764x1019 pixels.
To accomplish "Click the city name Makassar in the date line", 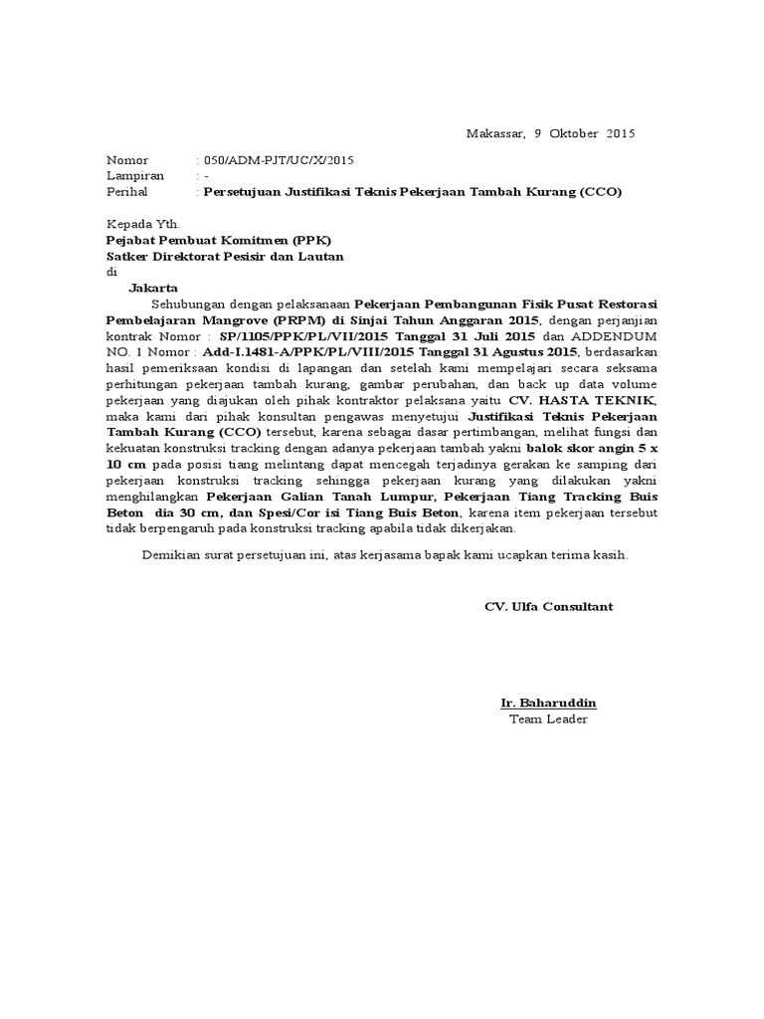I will pos(494,133).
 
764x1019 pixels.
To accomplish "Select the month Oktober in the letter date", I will pos(574,133).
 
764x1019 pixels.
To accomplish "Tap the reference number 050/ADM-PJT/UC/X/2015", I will pos(278,160).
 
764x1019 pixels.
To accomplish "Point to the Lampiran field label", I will pos(135,176).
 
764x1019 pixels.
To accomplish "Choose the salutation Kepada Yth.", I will pos(143,225).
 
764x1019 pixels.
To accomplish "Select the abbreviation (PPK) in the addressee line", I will pos(310,241).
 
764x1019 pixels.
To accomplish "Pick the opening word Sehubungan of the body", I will pos(188,304).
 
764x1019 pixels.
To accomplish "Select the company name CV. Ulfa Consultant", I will pos(548,606).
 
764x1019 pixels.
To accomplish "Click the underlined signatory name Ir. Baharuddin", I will pos(548,704).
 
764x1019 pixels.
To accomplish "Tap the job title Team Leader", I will pos(548,719).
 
